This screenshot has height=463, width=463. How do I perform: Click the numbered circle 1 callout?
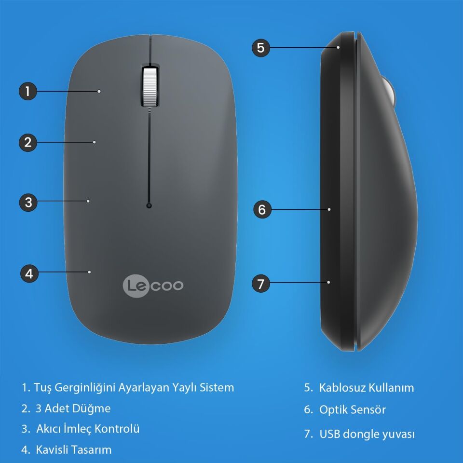coord(28,91)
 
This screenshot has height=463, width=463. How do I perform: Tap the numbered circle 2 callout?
coord(28,142)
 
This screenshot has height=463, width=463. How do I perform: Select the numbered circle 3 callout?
coord(28,202)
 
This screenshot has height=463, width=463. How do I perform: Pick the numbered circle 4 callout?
coord(29,273)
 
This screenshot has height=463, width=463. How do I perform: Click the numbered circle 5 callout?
coord(261,48)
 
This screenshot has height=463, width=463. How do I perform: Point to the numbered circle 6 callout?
coord(262,209)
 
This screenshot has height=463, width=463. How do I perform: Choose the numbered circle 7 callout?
coord(261,284)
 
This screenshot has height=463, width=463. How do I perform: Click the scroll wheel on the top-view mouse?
coord(150,86)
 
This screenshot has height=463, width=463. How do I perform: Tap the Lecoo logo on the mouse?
coord(152,286)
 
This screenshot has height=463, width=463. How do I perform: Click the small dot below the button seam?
coord(149,206)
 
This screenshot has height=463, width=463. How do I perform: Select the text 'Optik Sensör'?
coord(352,410)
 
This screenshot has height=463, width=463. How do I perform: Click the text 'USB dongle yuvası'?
coord(367,434)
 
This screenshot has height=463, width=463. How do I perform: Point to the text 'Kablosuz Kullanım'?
coord(366,387)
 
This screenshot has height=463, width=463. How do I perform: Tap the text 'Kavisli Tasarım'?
coord(73,450)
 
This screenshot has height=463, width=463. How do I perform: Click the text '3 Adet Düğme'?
coord(73,409)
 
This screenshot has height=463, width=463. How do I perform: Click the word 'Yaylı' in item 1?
coord(185,387)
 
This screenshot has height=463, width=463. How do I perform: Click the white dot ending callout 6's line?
coord(329,209)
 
